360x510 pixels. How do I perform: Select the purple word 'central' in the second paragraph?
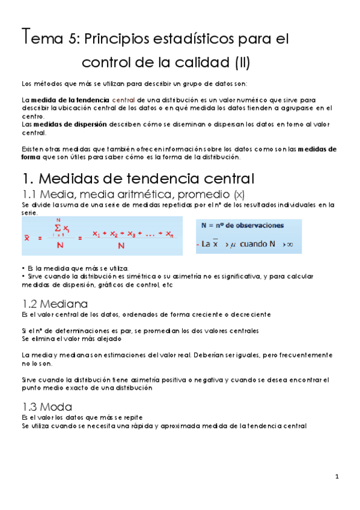click(123, 99)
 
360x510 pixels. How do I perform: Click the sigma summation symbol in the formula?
click(58, 227)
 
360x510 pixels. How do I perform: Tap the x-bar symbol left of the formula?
click(27, 238)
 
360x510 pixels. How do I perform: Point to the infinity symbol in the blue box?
click(290, 244)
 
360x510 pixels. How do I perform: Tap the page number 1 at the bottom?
click(338, 478)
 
